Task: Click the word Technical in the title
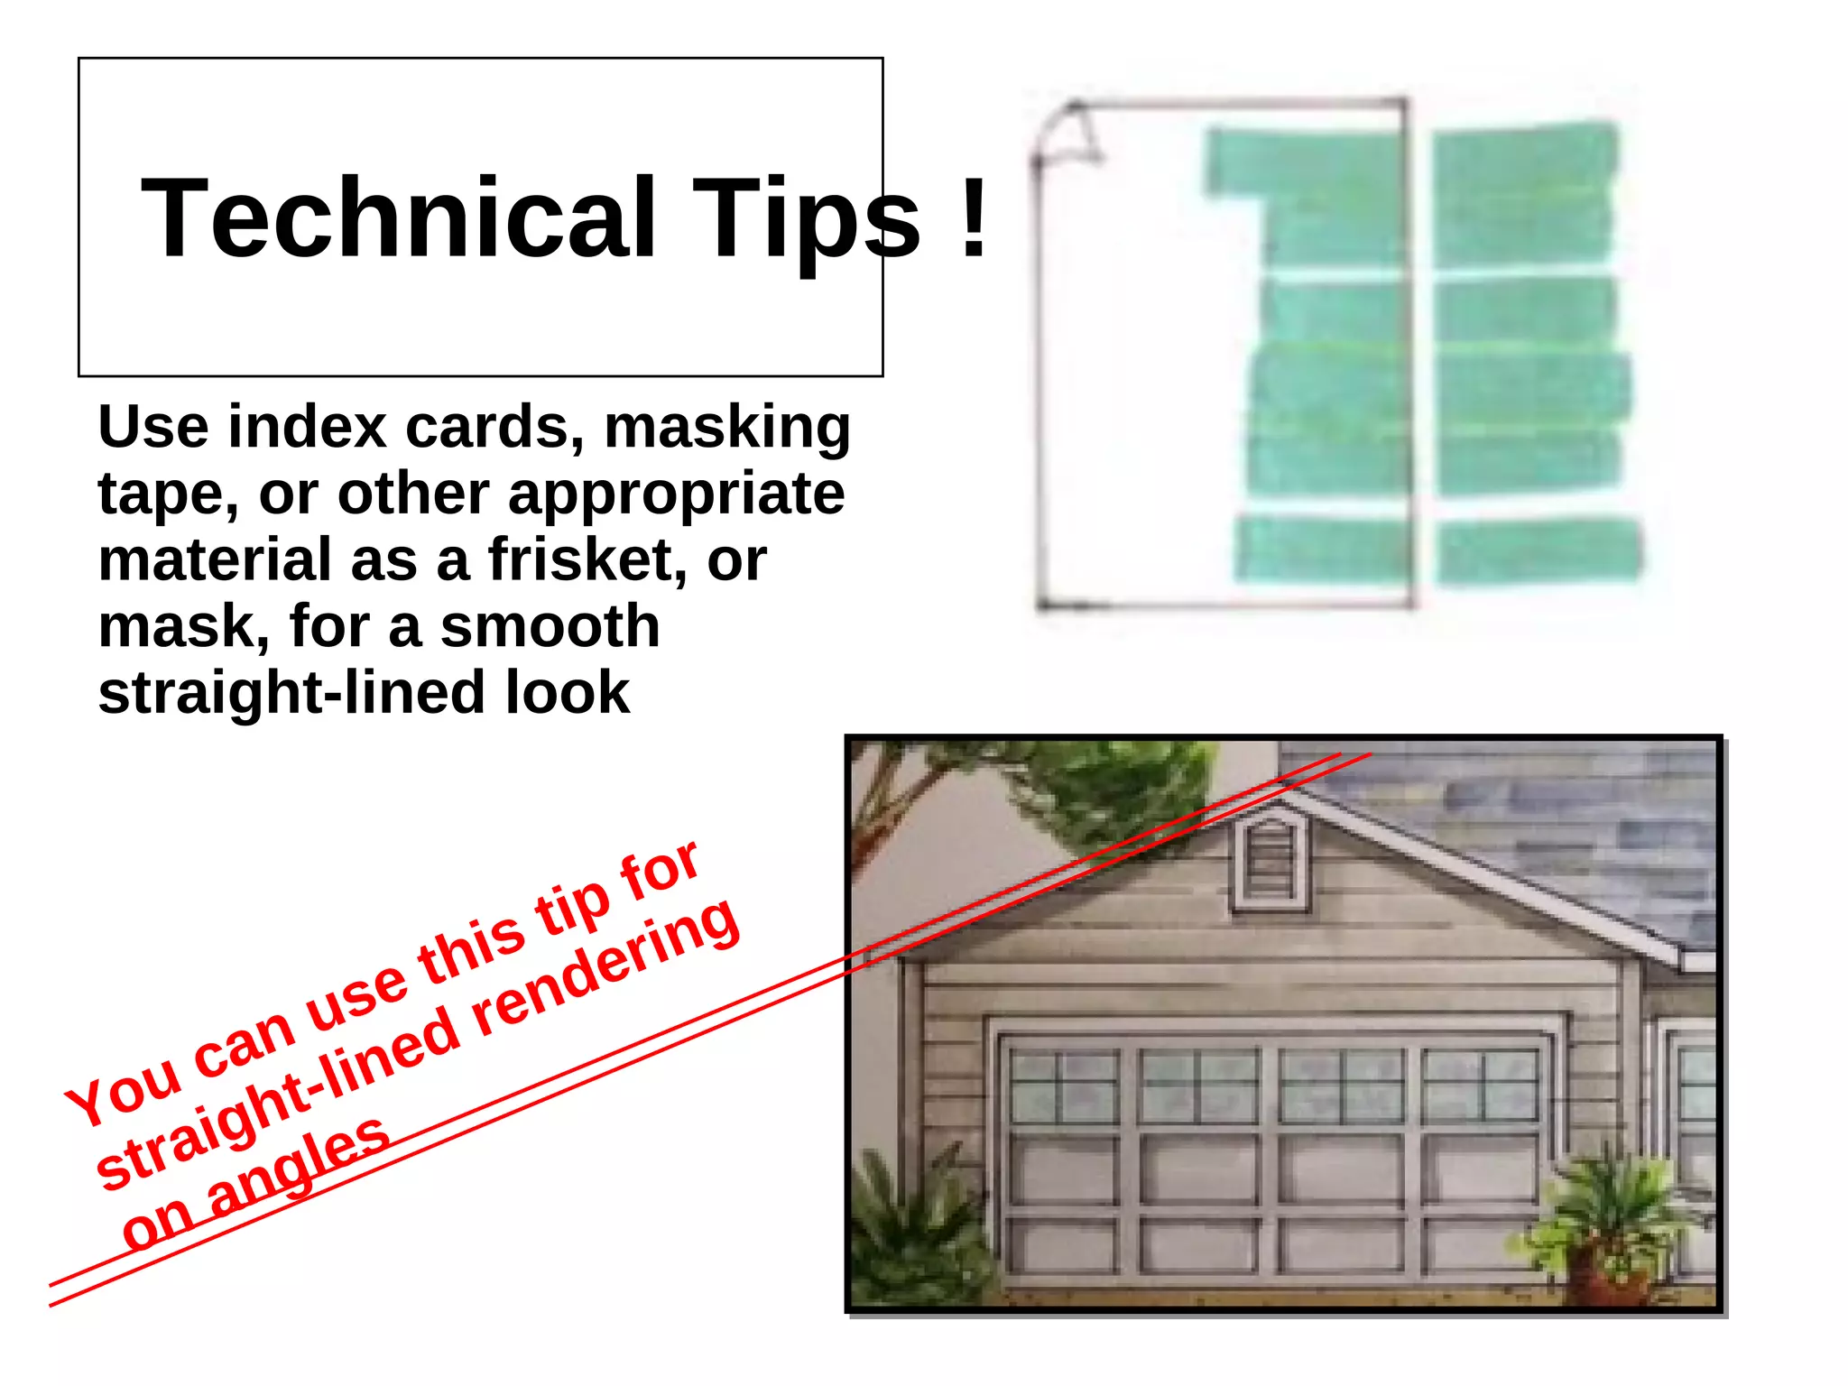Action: [x=398, y=218]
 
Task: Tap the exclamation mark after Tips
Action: [x=974, y=218]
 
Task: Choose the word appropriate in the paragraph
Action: [x=676, y=494]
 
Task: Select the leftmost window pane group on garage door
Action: [x=1064, y=1086]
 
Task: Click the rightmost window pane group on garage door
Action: [x=1480, y=1086]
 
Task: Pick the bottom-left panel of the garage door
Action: [x=1064, y=1246]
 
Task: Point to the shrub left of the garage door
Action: [x=911, y=1236]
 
